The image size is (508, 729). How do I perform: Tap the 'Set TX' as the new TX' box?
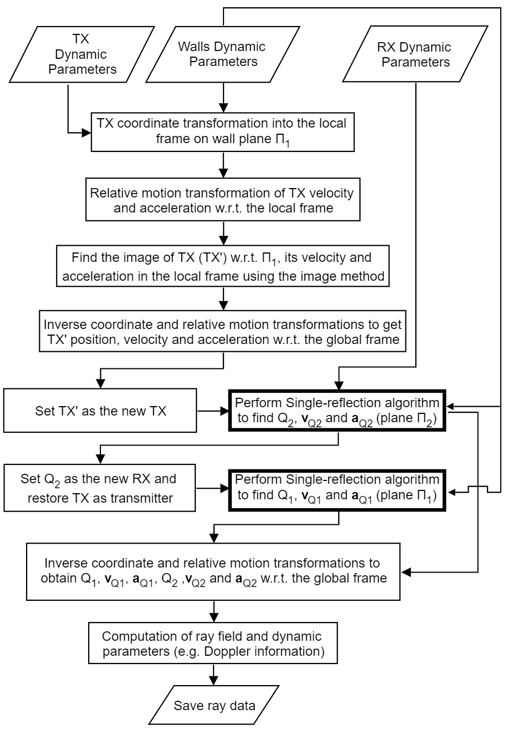pyautogui.click(x=100, y=411)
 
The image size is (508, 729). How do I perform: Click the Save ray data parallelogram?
pyautogui.click(x=214, y=706)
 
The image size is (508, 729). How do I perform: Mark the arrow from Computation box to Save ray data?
pyautogui.click(x=214, y=676)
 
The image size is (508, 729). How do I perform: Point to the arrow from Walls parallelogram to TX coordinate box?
pyautogui.click(x=222, y=100)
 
